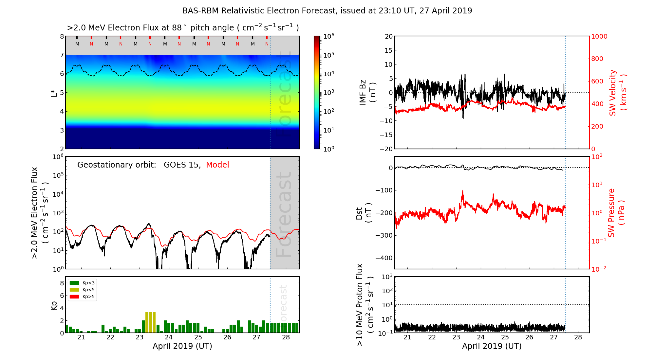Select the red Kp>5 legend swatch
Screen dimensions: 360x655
coord(74,297)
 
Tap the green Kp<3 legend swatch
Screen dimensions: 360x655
coord(74,283)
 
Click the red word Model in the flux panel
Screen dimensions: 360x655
coord(217,165)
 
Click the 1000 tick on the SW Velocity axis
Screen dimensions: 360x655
coord(599,36)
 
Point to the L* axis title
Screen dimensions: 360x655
coord(54,92)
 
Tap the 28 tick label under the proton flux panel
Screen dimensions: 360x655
coord(578,337)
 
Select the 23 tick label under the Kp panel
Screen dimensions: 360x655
coord(140,337)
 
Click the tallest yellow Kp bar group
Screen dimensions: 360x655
coord(150,323)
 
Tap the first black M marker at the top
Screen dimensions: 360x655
coord(77,44)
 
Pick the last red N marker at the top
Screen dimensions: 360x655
coord(267,44)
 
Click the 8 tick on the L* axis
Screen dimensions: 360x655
coord(62,36)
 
